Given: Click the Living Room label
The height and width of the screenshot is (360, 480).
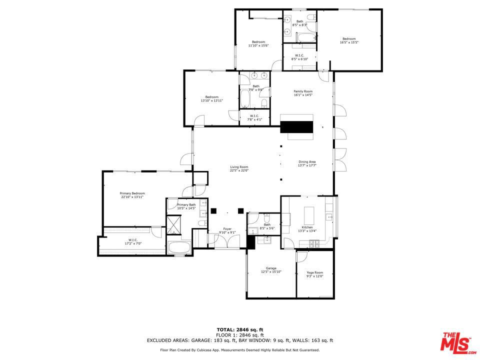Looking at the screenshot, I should pyautogui.click(x=239, y=169).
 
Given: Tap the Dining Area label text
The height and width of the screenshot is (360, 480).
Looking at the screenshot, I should pyautogui.click(x=307, y=163).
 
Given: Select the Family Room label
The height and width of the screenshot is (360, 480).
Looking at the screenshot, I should pyautogui.click(x=303, y=93).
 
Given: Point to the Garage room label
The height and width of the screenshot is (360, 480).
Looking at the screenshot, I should pyautogui.click(x=271, y=270).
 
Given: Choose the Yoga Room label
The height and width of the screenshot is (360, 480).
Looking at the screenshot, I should pyautogui.click(x=315, y=274).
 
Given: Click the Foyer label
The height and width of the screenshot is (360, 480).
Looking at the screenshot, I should pyautogui.click(x=227, y=230).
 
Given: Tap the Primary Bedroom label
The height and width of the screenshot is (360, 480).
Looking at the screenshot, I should pyautogui.click(x=132, y=195).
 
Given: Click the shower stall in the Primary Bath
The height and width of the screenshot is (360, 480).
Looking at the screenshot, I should pyautogui.click(x=174, y=224).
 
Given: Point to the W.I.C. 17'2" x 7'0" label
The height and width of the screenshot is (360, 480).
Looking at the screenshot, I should pyautogui.click(x=133, y=241).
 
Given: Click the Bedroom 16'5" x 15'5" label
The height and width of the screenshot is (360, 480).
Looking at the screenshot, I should pyautogui.click(x=349, y=40).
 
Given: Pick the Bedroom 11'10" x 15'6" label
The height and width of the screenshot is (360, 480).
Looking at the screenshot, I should pyautogui.click(x=258, y=43).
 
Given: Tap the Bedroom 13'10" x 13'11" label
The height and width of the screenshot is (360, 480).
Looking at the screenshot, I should pyautogui.click(x=211, y=98).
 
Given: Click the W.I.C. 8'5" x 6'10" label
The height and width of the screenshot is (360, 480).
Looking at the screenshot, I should pyautogui.click(x=299, y=57).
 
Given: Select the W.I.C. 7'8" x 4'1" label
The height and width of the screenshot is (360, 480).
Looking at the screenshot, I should pyautogui.click(x=254, y=118).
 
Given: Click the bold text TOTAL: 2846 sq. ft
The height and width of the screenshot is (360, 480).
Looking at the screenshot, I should pyautogui.click(x=239, y=329).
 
